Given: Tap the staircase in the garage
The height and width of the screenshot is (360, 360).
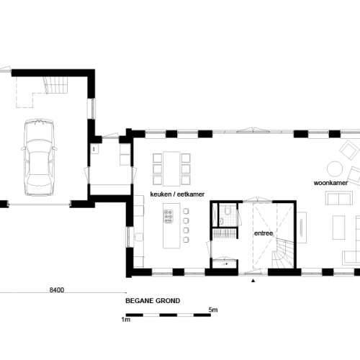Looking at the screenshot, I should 55,86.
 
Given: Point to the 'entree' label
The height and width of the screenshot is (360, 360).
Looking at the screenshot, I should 263,234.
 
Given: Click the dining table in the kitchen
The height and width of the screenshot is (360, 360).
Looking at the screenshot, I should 172,167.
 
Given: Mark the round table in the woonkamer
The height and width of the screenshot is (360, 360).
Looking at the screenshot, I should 335,168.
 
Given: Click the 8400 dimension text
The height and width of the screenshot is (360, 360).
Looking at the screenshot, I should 57,290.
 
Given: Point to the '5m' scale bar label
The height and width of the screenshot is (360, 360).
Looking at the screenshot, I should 213,310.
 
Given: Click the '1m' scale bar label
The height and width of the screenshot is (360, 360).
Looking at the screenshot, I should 126,320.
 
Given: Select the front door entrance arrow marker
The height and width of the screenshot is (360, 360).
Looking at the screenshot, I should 253,282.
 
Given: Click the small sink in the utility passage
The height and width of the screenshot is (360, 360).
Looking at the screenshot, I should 94,149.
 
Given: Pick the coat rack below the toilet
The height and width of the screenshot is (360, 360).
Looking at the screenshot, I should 225,232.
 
